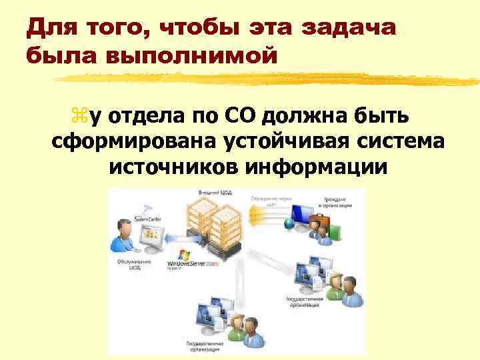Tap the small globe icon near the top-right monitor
click(289, 225)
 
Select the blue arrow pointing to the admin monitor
click(175, 237)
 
